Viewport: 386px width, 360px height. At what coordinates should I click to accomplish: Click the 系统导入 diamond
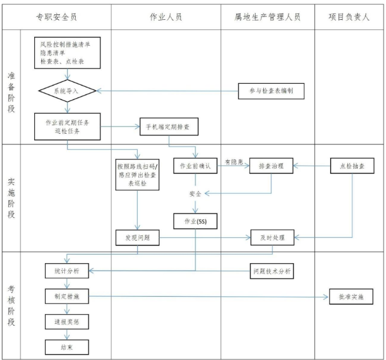point(67,91)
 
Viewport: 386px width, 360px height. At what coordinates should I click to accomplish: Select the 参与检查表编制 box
point(271,91)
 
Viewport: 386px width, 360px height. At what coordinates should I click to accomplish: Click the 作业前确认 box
point(195,166)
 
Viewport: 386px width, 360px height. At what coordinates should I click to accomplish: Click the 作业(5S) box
point(195,221)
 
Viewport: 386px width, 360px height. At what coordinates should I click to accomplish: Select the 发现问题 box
point(138,238)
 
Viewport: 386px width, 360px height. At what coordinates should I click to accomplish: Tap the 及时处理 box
point(272,238)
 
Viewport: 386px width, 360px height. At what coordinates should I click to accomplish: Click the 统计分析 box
point(67,272)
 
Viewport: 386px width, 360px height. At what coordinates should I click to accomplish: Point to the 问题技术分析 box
point(271,272)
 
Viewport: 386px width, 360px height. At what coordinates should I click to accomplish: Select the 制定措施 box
point(67,296)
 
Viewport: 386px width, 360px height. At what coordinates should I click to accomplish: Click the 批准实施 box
point(349,296)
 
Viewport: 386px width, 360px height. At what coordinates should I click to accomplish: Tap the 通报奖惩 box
point(67,322)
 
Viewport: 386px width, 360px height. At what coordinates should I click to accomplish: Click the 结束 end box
point(67,347)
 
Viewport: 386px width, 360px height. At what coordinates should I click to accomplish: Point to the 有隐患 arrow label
point(233,161)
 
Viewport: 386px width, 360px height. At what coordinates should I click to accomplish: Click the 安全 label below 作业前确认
point(195,193)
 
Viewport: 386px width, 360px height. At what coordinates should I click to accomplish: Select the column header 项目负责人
point(349,17)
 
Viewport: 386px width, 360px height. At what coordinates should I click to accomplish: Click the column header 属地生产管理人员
point(268,17)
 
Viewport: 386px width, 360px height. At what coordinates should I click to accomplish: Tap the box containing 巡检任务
point(67,126)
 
